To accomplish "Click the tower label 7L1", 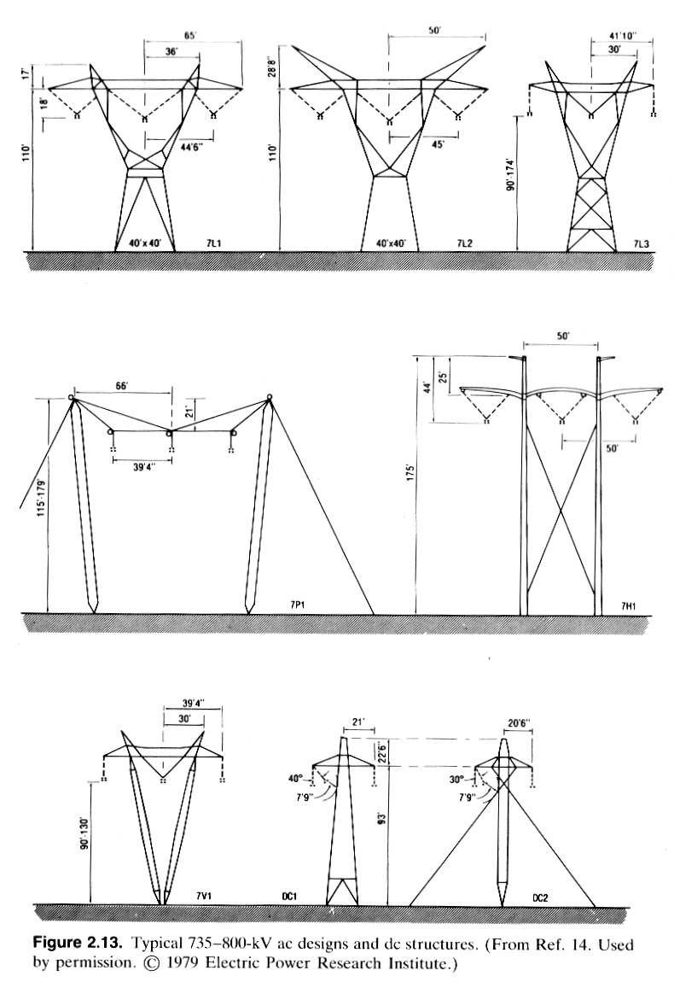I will pyautogui.click(x=214, y=244).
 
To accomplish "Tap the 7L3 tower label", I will pyautogui.click(x=641, y=244).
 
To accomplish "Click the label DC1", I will pyautogui.click(x=290, y=897).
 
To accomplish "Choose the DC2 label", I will pyautogui.click(x=542, y=897).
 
